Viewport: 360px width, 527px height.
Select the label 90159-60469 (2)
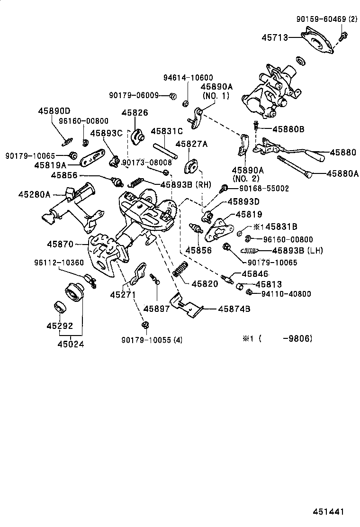(327, 19)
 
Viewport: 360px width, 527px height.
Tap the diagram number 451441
(327, 512)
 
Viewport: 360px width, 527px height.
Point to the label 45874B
(234, 309)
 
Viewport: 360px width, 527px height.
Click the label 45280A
(34, 194)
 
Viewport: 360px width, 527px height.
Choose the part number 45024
(71, 345)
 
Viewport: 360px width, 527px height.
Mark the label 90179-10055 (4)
(152, 340)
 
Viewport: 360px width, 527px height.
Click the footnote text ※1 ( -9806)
(277, 338)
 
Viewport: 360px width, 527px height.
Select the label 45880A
(342, 173)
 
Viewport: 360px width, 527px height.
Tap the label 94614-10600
(188, 78)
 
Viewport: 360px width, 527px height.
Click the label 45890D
(54, 110)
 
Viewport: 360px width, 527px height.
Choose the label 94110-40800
(286, 294)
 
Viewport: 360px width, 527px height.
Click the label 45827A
(191, 144)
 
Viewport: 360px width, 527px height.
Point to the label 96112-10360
(58, 263)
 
